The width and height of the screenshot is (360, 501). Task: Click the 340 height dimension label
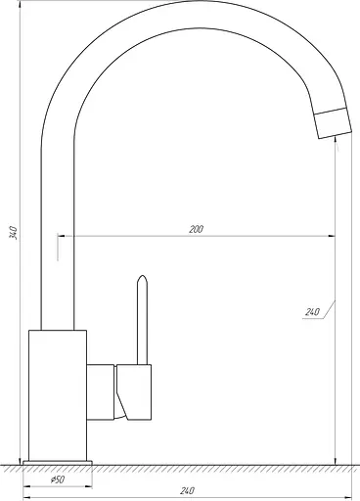(13, 232)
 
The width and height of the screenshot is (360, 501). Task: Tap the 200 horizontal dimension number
(196, 229)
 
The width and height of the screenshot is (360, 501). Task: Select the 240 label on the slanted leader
(312, 312)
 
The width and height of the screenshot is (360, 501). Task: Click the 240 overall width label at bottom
(188, 490)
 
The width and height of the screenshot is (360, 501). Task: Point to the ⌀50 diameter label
(58, 479)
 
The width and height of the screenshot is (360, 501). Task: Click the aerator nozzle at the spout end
(334, 123)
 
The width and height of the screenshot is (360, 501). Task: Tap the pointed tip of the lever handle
(142, 276)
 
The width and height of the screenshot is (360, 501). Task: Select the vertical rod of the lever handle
(142, 320)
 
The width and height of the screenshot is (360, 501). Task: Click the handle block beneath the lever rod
(134, 392)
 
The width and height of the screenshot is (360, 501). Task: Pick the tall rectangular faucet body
(58, 395)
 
